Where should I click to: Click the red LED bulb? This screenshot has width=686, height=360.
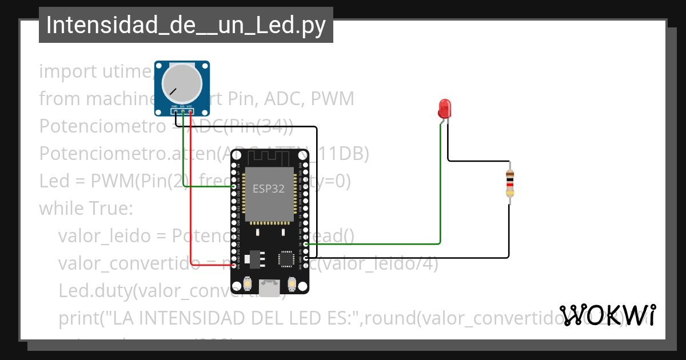[x=444, y=108]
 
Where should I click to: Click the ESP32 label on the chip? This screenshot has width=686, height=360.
[x=269, y=189]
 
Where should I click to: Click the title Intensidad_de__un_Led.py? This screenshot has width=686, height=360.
[x=186, y=25]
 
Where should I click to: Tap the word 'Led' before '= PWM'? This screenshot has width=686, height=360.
[x=54, y=181]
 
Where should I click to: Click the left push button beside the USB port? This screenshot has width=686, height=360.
[x=248, y=283]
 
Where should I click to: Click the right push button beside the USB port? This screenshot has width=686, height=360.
[x=292, y=283]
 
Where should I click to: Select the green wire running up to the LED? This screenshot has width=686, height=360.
[x=440, y=183]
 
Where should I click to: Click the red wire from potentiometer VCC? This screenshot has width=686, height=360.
[x=191, y=189]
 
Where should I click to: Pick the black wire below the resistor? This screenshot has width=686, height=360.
[x=509, y=234]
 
